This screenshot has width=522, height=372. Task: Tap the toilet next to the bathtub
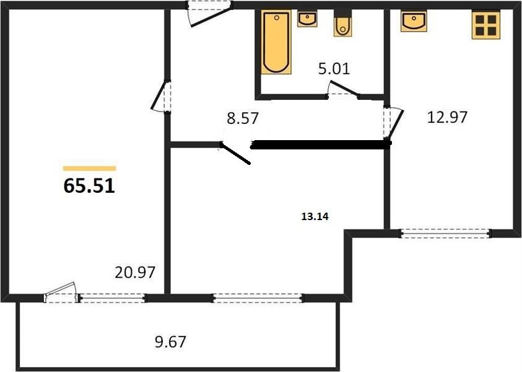tap(342, 25)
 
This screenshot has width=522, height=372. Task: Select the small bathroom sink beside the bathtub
tap(307, 19)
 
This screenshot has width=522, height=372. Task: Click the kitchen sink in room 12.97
tap(413, 22)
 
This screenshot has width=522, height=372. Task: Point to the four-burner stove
tap(486, 25)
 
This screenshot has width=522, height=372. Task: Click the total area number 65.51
tap(89, 186)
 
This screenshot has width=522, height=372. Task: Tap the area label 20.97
tap(134, 272)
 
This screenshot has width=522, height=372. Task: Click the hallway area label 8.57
tap(241, 119)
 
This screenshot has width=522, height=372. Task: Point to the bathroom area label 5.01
tap(334, 68)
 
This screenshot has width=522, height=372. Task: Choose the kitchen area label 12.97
tap(447, 116)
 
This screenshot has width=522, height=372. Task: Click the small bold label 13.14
tap(314, 217)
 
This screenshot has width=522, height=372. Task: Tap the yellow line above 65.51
tap(89, 168)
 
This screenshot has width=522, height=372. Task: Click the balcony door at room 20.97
tap(61, 293)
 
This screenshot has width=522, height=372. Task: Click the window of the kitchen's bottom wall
tap(445, 233)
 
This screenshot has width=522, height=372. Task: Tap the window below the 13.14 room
tap(258, 298)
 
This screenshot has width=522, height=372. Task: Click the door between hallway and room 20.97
tap(163, 97)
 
